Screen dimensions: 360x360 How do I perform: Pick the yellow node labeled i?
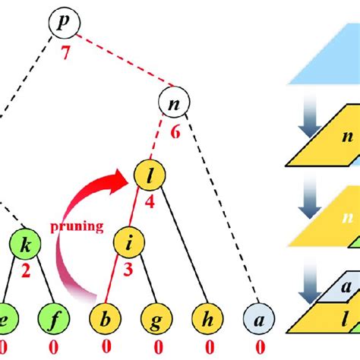click(x=129, y=245)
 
